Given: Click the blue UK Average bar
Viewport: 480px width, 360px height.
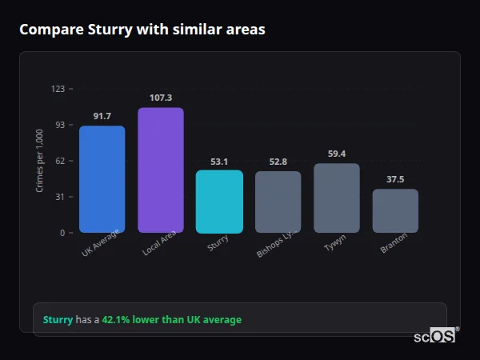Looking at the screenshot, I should [102, 179].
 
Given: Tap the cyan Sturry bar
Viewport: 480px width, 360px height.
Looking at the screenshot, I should [219, 202].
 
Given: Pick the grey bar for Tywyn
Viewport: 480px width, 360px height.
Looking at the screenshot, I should [336, 198].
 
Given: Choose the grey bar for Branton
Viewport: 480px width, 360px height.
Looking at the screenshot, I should [395, 211].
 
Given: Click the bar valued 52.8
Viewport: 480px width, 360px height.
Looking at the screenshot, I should [278, 202].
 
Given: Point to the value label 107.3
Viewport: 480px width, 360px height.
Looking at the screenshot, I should [161, 98].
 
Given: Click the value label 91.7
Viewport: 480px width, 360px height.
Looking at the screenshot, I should [102, 116].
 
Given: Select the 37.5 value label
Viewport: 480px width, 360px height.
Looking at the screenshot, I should [395, 179].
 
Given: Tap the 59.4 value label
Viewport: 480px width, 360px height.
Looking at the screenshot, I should [336, 154].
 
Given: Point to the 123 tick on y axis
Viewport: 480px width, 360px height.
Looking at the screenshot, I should [58, 89].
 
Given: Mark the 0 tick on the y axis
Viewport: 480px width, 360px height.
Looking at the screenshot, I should [62, 233].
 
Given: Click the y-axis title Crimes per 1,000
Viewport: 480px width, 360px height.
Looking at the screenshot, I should [39, 161].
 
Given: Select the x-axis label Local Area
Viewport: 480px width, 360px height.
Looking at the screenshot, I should [159, 244].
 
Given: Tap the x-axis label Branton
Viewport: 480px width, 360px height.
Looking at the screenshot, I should [394, 244].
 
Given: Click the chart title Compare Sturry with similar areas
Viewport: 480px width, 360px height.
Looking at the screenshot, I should [142, 30].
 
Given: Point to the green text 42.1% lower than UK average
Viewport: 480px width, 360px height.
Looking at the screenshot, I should [171, 320].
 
